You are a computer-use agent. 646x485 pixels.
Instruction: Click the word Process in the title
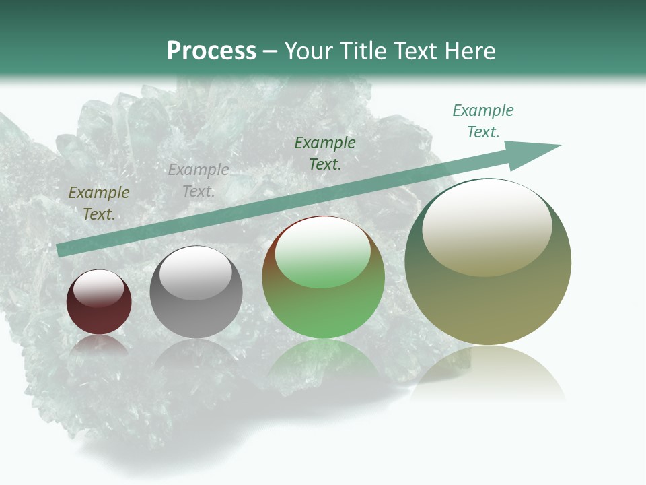(211, 51)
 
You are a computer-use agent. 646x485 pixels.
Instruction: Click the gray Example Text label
(199, 181)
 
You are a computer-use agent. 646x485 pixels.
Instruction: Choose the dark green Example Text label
(325, 154)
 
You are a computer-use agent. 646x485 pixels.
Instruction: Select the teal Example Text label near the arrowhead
(483, 121)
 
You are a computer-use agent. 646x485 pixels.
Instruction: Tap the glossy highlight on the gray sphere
(195, 273)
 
